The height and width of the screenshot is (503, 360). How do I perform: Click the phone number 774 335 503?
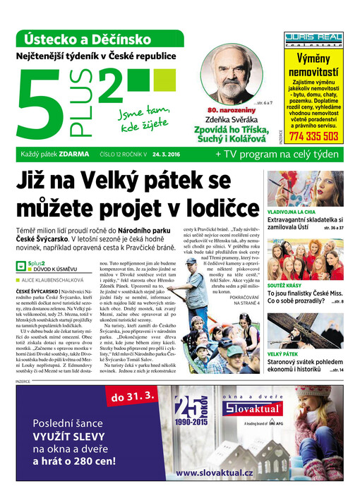[x=313, y=136]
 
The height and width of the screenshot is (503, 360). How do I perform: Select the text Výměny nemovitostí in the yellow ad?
[x=313, y=66]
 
